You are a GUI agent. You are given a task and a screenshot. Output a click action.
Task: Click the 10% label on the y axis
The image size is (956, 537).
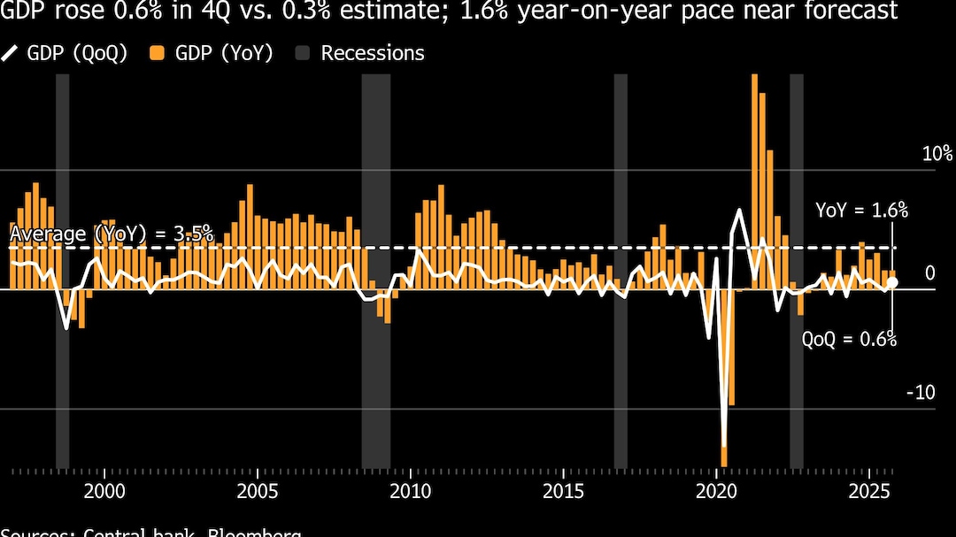[x=937, y=154]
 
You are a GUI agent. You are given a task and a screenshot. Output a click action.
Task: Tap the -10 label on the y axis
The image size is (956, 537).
[x=921, y=392]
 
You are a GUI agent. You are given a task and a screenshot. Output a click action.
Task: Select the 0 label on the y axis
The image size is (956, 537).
[x=929, y=272]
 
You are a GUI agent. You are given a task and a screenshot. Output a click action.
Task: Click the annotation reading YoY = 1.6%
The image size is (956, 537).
[x=862, y=211]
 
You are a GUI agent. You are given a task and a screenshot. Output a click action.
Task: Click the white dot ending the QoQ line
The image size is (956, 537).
[x=892, y=282]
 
